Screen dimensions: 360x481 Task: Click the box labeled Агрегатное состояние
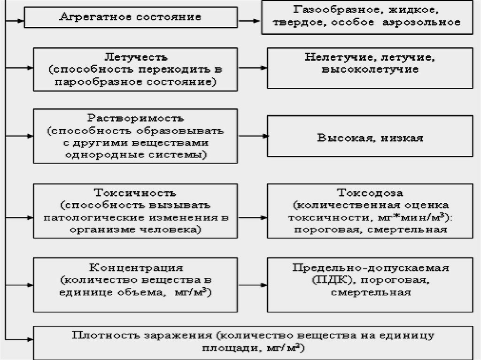point(131,18)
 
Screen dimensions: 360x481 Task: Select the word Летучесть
point(135,58)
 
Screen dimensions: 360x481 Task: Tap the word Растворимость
point(135,118)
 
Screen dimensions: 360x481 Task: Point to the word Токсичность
point(135,193)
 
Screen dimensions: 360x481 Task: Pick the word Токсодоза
point(370,193)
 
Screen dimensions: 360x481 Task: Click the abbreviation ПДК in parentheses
point(324,280)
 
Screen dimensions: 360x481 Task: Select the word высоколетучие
point(370,69)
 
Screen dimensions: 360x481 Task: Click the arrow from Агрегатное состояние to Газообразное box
point(250,21)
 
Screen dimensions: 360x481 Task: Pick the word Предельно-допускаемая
point(370,268)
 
